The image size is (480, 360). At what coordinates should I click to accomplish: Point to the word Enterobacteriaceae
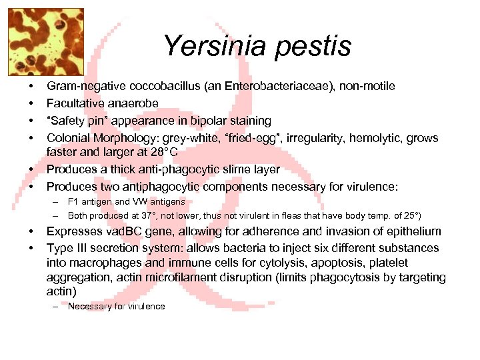271,86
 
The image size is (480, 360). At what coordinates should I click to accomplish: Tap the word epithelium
414,231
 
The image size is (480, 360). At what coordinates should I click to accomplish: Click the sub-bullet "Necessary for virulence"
116,307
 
